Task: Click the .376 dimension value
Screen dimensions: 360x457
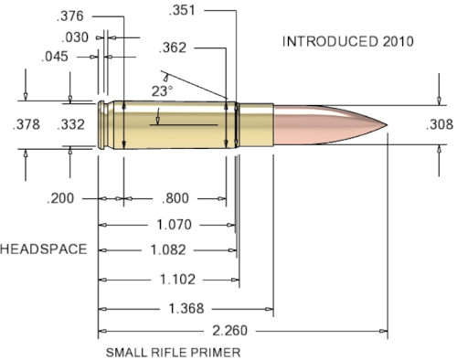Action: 71,16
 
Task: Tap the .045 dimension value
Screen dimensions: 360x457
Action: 57,57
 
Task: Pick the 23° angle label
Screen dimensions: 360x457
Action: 163,90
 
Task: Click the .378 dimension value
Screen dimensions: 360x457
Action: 27,124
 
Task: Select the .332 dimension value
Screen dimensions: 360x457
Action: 71,124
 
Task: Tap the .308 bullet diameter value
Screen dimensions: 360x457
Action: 440,125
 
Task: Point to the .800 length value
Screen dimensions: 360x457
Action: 175,198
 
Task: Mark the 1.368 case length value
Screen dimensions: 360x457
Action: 185,309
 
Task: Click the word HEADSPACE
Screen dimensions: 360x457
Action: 43,249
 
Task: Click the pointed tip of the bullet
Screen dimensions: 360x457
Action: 388,124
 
